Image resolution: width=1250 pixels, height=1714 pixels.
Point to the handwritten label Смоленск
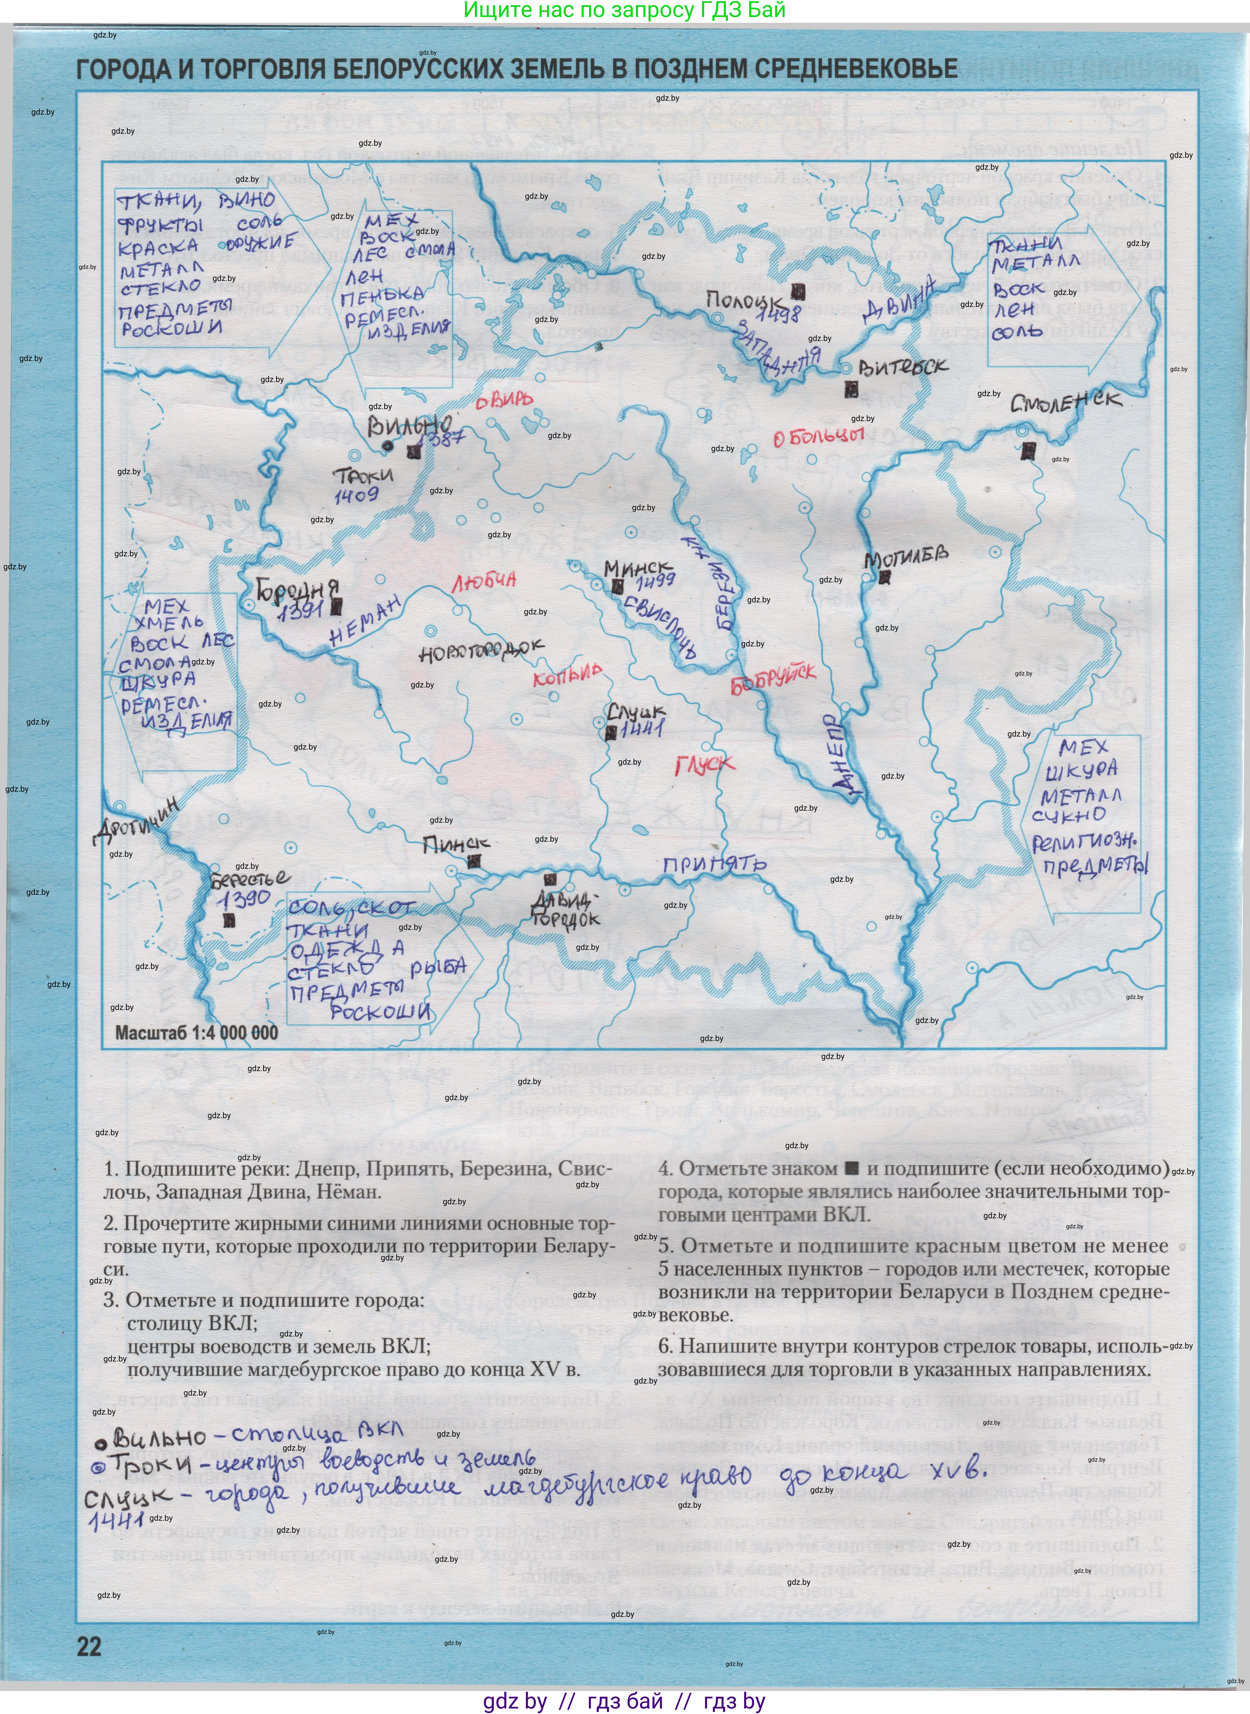(1065, 401)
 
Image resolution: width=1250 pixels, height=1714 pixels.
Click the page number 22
(89, 1647)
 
